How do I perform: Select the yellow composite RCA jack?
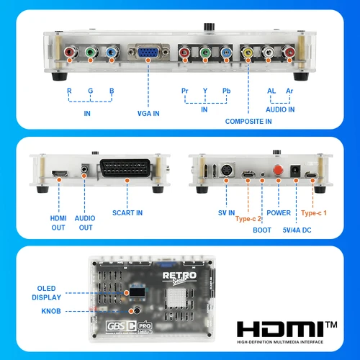click(x=248, y=53)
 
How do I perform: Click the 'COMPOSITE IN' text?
click(x=248, y=122)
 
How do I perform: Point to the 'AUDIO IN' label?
click(x=279, y=109)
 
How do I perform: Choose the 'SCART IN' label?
click(x=127, y=212)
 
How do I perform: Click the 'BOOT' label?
click(x=262, y=230)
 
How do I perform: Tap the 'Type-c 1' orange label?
click(x=318, y=213)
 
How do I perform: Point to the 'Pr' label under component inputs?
click(x=185, y=91)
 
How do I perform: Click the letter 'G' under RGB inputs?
click(x=91, y=91)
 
